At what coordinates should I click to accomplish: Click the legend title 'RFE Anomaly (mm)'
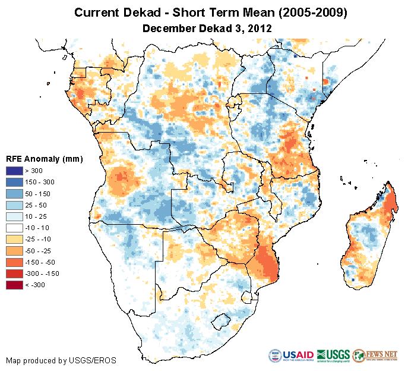pos(44,159)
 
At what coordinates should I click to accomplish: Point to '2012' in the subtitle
pos(260,28)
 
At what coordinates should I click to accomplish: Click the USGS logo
pos(333,356)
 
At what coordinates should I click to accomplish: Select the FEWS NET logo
pos(374,356)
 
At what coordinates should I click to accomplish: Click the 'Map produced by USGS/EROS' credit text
pos(61,360)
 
